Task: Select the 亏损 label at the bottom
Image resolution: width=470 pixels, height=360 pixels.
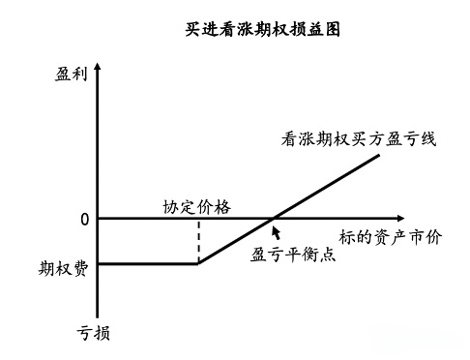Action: [x=93, y=333]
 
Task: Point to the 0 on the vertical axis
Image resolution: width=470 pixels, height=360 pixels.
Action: [x=84, y=219]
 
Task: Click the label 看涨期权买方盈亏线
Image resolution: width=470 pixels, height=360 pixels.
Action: [x=360, y=138]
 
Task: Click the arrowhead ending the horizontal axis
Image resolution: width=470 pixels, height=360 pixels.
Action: [x=400, y=219]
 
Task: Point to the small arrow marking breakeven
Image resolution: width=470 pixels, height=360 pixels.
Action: [x=278, y=231]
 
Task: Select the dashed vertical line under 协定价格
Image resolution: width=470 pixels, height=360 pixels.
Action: [x=198, y=240]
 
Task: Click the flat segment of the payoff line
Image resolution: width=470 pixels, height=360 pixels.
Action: [x=150, y=262]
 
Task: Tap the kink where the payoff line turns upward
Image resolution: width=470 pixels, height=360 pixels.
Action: [x=198, y=262]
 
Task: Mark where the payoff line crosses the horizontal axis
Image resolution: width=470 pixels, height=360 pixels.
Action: [x=274, y=219]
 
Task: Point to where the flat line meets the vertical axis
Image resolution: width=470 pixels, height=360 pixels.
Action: [x=101, y=262]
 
